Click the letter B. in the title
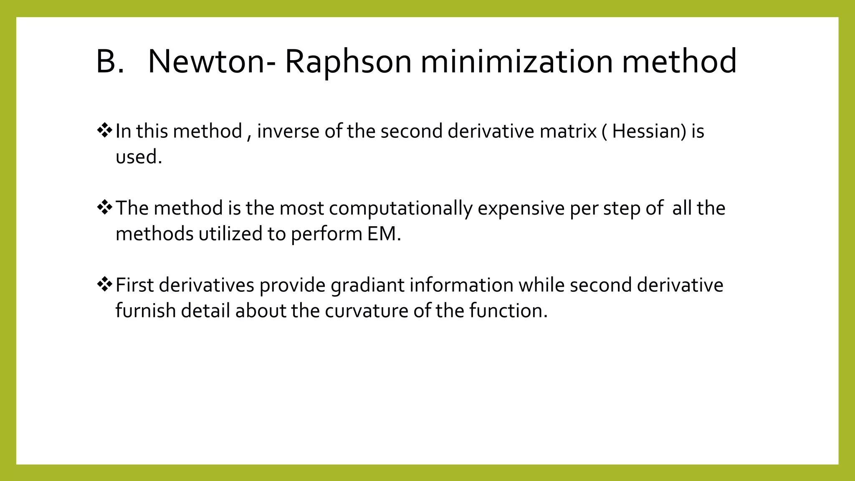pos(110,62)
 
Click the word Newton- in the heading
pos(212,62)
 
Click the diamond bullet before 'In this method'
pos(104,131)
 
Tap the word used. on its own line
pos(139,157)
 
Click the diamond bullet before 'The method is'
pos(104,208)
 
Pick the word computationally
pos(400,208)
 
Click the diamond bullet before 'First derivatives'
pos(104,284)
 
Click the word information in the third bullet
pos(461,285)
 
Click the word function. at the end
pos(508,311)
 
